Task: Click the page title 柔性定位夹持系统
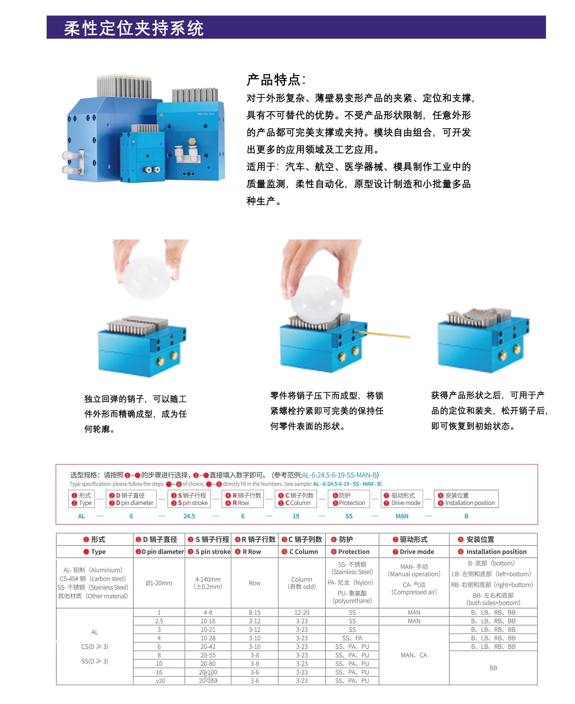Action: tap(134, 28)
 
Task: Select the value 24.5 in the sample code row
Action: tap(189, 516)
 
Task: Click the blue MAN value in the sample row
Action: tap(402, 516)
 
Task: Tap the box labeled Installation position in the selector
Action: tap(466, 499)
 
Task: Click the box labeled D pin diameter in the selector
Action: tap(131, 499)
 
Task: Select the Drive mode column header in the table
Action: tap(414, 552)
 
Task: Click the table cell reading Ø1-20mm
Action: tap(159, 583)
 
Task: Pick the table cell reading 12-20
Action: tap(302, 612)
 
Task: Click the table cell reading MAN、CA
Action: tap(414, 655)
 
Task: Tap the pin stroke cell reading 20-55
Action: tap(208, 655)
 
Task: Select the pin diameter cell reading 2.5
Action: tap(159, 621)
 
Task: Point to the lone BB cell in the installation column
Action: tap(493, 668)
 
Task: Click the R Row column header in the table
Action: tap(255, 552)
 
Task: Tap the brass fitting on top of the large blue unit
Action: tap(191, 141)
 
